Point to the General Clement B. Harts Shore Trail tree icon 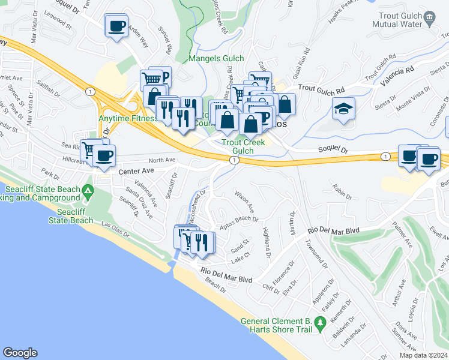tap(320, 325)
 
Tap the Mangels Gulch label tap(216, 58)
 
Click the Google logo tap(20, 353)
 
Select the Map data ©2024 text tap(423, 355)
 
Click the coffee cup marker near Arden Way tap(116, 26)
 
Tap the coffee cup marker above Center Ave tap(104, 156)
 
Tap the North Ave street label tap(161, 160)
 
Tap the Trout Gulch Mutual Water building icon tap(429, 18)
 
